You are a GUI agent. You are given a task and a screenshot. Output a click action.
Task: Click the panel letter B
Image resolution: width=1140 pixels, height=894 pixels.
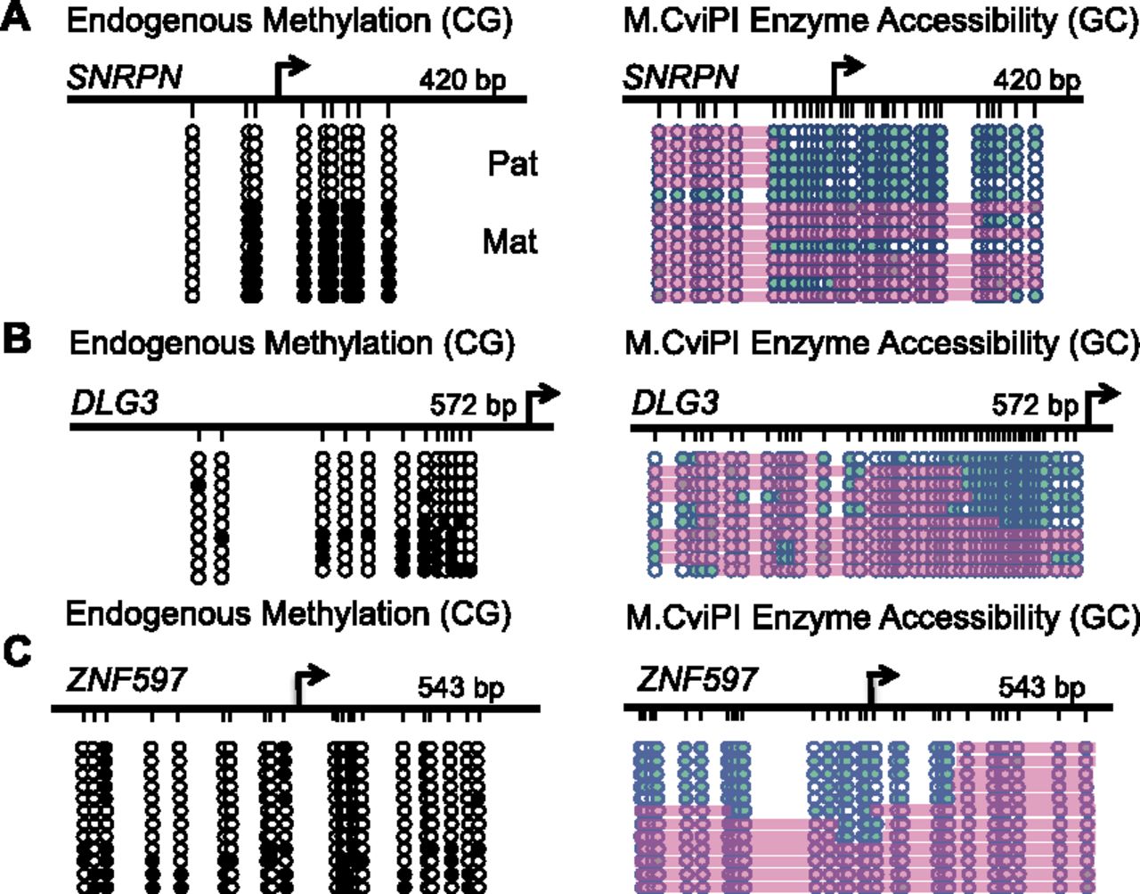[x=18, y=340]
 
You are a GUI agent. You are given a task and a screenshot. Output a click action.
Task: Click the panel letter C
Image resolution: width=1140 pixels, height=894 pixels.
[x=18, y=652]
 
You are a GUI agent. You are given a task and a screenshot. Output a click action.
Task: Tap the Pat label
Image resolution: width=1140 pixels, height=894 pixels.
[x=512, y=164]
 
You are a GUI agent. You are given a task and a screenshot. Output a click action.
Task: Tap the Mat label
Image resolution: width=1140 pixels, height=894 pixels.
[x=509, y=241]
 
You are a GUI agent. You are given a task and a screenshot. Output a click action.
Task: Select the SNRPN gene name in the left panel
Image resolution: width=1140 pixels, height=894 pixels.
[x=124, y=78]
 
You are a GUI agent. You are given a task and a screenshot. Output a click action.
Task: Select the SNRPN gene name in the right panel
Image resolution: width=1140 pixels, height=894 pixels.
[x=680, y=78]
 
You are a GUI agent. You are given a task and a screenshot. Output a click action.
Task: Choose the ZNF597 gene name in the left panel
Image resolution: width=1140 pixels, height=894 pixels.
[x=126, y=681]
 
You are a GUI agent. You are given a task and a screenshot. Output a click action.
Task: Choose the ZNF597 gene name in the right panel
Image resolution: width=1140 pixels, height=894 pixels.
[x=696, y=680]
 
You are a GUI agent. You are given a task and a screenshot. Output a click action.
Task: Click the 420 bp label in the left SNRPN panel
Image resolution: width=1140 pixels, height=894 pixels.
[x=462, y=80]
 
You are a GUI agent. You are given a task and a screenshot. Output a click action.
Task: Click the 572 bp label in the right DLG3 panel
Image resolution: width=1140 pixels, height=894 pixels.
[x=1034, y=406]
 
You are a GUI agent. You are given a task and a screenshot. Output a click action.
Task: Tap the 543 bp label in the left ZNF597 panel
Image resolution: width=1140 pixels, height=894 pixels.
[x=460, y=688]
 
